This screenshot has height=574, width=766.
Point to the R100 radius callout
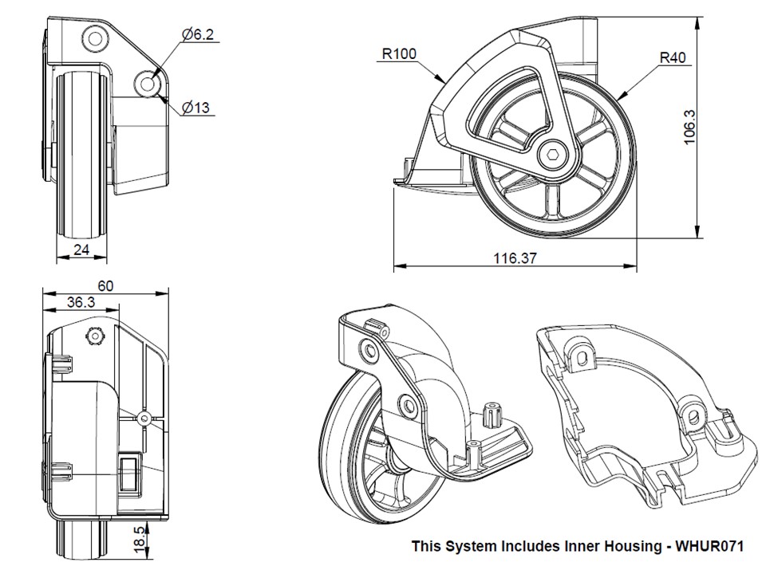click(399, 54)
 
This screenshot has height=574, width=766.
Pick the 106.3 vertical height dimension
click(690, 127)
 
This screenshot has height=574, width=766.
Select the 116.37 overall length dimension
click(515, 258)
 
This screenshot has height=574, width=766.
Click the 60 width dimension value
click(105, 285)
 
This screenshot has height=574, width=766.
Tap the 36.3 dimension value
click(81, 302)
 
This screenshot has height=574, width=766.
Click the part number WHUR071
click(709, 547)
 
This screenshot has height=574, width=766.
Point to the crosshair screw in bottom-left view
click(144, 417)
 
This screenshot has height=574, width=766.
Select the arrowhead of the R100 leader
click(444, 81)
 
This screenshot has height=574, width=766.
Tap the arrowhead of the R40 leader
click(621, 96)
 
